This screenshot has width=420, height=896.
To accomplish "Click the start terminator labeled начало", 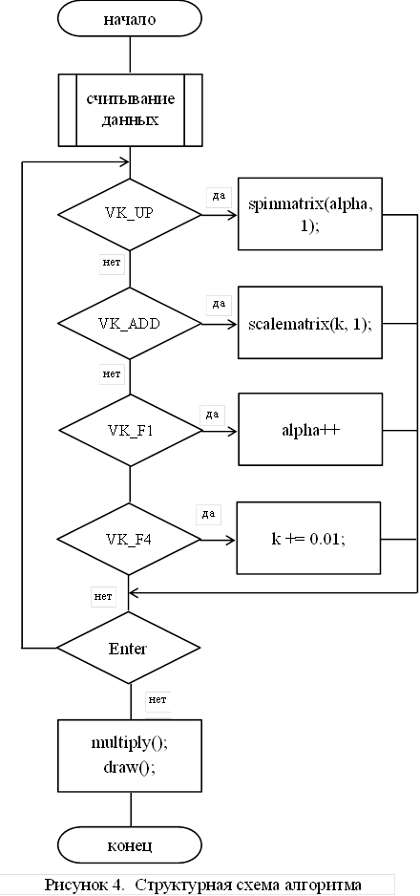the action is [130, 19].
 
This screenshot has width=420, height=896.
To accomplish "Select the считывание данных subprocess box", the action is [130, 110].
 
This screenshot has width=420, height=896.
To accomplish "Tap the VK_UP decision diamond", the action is [130, 214].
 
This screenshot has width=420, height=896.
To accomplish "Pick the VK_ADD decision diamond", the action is [130, 324].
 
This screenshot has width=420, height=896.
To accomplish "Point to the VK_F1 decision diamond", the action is [130, 430].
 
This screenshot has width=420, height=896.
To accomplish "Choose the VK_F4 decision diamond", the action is [129, 539].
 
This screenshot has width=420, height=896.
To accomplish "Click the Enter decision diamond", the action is [128, 648].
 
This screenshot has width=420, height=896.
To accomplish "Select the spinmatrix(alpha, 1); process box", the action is [310, 214].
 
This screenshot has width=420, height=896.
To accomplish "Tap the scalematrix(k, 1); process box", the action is [310, 323].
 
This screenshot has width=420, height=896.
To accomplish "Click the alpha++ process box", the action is [310, 429].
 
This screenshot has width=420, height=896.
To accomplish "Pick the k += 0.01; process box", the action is [308, 538].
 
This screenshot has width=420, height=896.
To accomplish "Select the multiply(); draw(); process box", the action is [130, 755].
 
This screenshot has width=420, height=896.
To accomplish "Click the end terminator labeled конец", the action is [130, 844].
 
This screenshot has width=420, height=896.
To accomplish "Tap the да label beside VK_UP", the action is [219, 196].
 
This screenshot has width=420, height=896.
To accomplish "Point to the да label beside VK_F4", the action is [208, 514].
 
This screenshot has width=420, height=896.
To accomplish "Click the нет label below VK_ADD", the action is [112, 374].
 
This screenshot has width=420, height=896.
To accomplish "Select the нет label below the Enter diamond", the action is [157, 699].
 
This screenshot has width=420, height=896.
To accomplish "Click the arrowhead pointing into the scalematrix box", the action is [233, 324].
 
